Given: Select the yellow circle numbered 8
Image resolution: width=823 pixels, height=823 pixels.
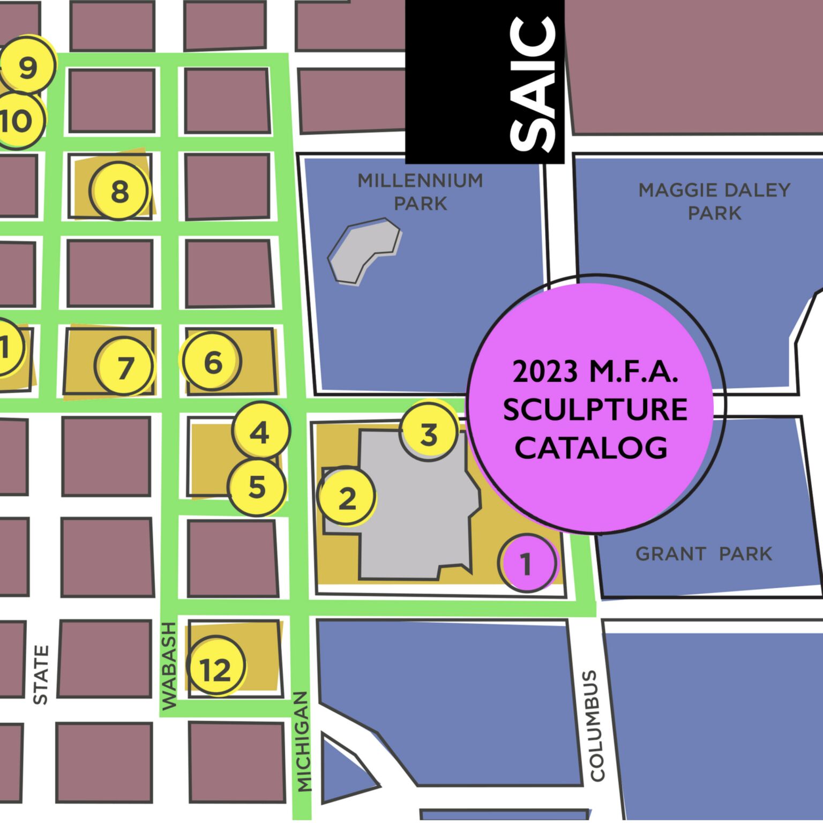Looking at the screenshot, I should [118, 191].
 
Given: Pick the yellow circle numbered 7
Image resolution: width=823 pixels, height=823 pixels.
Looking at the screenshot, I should [124, 367].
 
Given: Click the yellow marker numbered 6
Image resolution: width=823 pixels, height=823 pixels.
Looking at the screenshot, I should [213, 362].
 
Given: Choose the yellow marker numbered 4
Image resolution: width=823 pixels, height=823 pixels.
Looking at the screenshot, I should [260, 432].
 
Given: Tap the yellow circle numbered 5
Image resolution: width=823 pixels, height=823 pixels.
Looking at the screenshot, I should [257, 487].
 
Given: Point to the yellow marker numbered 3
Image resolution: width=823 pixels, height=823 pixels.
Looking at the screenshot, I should [429, 433].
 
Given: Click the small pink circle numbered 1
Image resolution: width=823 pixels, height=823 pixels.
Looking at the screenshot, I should [527, 563].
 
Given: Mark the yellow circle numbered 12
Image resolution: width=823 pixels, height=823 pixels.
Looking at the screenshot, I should [216, 668].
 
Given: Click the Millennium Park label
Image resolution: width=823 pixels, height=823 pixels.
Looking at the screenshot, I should [421, 192].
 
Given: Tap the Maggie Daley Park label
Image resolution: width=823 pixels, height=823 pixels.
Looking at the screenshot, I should [714, 201].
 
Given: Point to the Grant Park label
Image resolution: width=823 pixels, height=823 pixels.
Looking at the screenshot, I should [704, 553].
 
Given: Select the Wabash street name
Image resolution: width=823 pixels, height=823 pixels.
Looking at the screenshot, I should [169, 666].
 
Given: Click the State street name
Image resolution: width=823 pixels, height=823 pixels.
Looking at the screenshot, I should [41, 675].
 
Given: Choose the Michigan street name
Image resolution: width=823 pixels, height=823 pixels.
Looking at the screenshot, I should [303, 742].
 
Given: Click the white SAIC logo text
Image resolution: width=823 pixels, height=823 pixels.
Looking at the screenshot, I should [532, 83].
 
